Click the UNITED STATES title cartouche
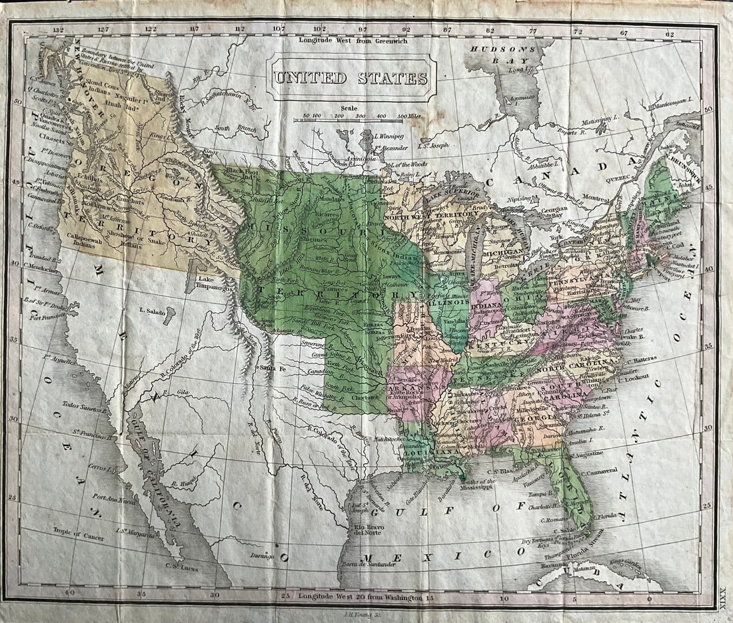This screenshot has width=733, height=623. click(351, 78)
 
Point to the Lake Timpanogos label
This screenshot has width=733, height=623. click(212, 284)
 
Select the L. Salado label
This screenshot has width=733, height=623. click(151, 311)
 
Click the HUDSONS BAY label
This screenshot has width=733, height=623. click(502, 55)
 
